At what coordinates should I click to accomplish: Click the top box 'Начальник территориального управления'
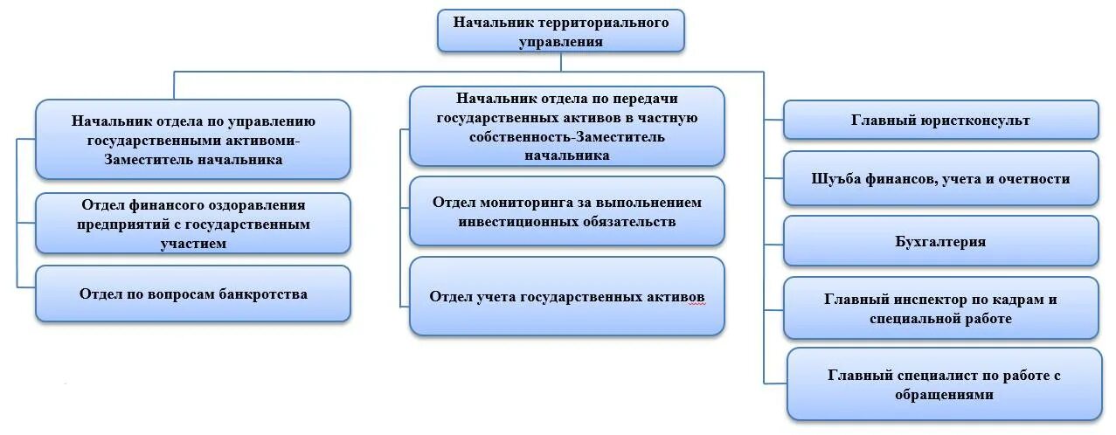coord(560,31)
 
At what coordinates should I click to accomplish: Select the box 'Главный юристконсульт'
coord(940,121)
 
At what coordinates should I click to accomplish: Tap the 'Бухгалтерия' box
coord(940,241)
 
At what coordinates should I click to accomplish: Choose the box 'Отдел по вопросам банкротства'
coord(193,294)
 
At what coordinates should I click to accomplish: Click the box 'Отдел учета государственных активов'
coord(566,297)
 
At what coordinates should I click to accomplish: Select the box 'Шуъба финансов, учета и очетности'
coord(940,179)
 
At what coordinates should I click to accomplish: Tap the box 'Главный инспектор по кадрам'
coord(940,308)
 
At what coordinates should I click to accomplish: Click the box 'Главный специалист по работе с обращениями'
coord(944,384)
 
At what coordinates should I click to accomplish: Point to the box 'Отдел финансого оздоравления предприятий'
coord(193,224)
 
